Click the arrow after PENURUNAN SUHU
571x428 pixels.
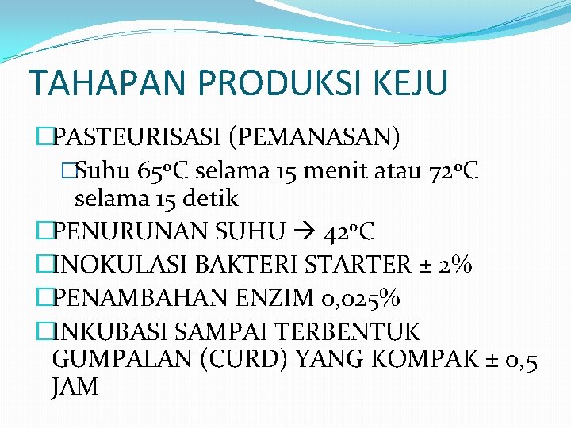[x=304, y=232]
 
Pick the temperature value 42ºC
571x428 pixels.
[x=349, y=231]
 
